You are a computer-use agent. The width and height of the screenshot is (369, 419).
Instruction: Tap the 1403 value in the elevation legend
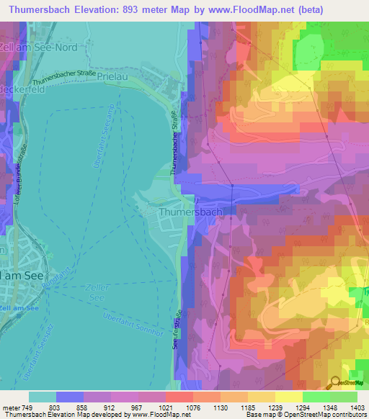click(356, 407)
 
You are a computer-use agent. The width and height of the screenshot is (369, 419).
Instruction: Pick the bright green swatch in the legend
click(316, 397)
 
